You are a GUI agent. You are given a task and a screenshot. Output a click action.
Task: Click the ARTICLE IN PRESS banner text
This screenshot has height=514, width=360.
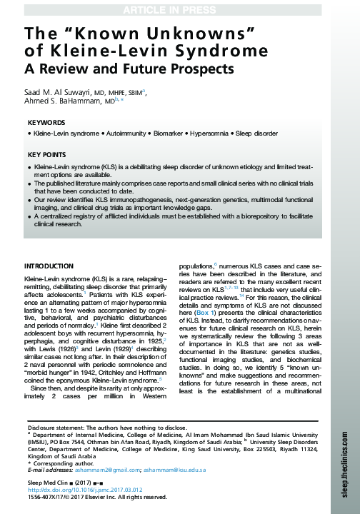tap(179, 9)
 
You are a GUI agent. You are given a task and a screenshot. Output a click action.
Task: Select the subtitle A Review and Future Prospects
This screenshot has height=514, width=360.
tap(129, 69)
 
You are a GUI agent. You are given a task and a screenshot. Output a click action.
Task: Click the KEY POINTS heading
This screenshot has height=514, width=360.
tap(48, 154)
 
